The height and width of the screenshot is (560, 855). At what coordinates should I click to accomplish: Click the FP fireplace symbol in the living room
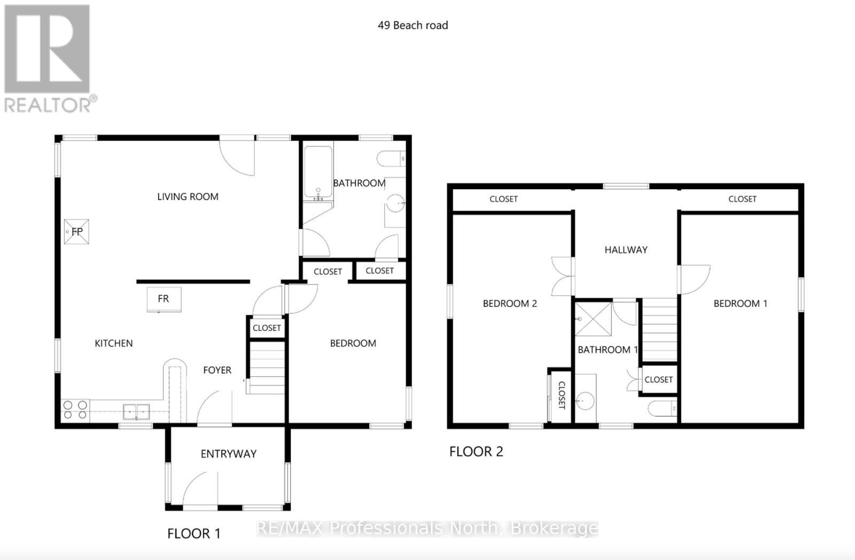76,232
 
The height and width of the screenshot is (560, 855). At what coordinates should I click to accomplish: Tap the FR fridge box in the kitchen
164,299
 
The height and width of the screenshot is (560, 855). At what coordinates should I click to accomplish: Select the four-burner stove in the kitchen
75,410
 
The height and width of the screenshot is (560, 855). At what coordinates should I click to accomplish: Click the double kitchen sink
136,412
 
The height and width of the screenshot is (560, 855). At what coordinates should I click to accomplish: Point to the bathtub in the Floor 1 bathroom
318,171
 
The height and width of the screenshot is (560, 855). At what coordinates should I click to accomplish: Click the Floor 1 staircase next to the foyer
266,368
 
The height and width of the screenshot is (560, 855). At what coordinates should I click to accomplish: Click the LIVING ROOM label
188,197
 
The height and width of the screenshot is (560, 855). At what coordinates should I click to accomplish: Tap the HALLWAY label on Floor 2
626,250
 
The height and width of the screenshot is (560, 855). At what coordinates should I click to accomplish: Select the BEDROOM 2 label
510,304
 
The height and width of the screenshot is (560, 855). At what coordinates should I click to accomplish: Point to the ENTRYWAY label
229,454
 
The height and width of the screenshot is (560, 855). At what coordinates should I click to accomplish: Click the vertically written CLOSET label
562,395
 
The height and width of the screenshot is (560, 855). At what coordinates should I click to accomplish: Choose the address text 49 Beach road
413,25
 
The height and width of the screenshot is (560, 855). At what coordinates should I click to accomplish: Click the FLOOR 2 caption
476,452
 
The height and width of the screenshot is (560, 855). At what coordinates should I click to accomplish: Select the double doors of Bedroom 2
562,276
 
